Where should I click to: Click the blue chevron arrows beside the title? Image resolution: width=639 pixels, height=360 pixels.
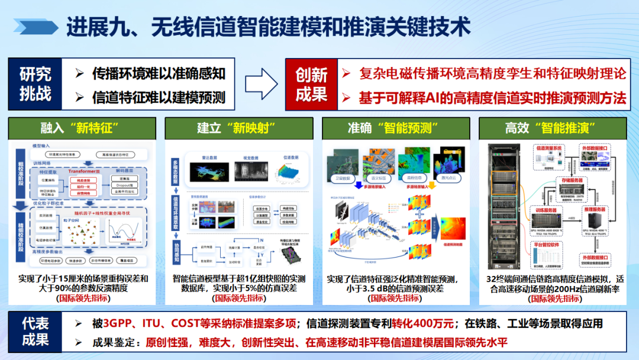point(35,27)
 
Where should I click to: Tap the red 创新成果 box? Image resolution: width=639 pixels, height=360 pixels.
point(311,84)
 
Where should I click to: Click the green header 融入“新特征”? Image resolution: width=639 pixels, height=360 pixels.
point(82,128)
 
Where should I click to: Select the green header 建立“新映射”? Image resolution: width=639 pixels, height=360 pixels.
point(240,128)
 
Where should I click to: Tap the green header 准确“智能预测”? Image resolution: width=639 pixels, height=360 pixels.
point(396,128)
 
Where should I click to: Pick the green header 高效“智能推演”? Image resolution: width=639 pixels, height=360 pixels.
point(553,128)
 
